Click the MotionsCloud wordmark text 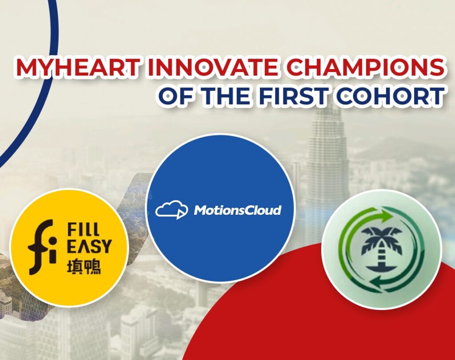click(x=238, y=210)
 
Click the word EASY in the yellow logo click(x=89, y=246)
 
